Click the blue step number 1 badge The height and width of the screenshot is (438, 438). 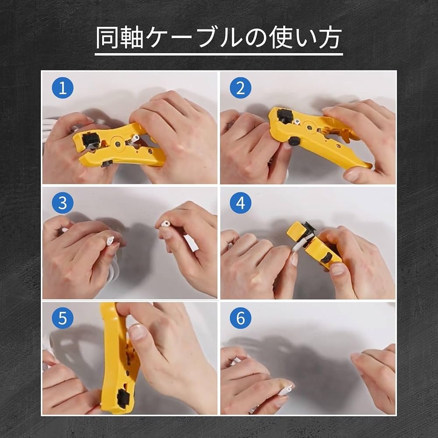tap(63, 89)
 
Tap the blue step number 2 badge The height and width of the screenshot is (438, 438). tap(240, 89)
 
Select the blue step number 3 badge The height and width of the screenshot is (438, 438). tap(63, 204)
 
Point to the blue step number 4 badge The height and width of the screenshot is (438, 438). tap(240, 204)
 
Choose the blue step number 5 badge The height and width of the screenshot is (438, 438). tap(63, 318)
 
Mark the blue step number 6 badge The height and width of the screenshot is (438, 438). tap(240, 318)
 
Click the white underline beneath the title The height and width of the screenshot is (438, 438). tap(219, 55)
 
